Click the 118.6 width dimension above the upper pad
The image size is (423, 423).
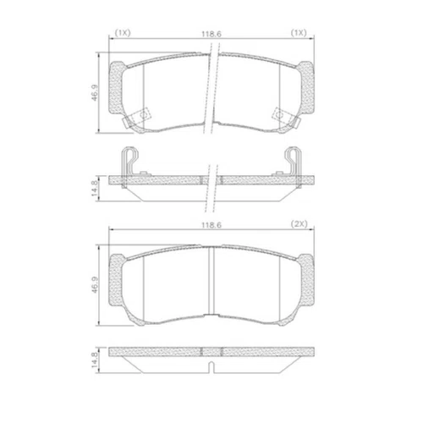pos(211,34)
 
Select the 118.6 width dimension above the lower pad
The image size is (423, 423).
pos(211,225)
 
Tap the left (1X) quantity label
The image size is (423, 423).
pos(123,33)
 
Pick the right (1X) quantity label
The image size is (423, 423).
pos(299,33)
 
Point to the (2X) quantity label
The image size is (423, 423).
pos(299,224)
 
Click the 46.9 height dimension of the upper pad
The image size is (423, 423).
pos(94,92)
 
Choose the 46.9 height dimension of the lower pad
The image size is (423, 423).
pos(94,285)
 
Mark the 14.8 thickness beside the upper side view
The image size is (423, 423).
pos(94,189)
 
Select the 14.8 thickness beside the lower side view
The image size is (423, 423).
pos(94,360)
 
